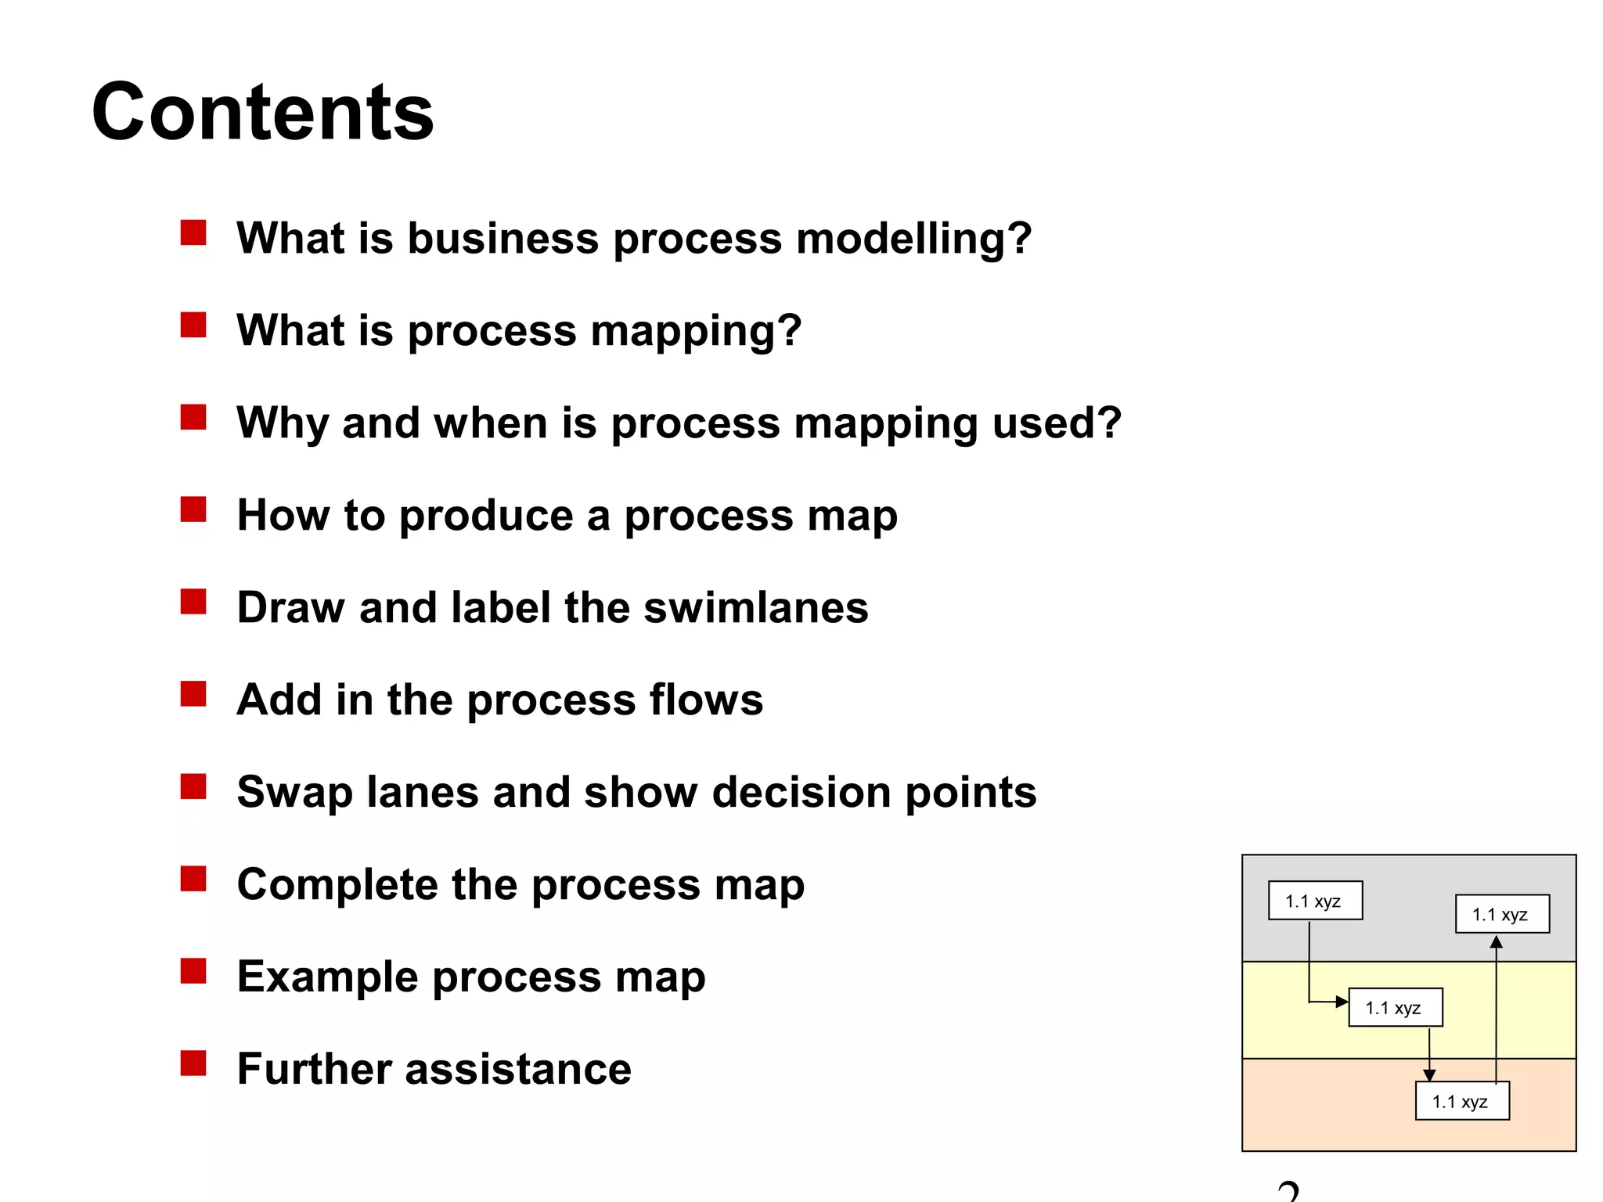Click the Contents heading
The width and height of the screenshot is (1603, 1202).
pos(262,112)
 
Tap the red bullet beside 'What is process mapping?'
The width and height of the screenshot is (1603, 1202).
pos(193,325)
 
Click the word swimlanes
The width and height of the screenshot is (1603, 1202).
pos(755,608)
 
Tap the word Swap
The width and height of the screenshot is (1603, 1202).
pos(294,793)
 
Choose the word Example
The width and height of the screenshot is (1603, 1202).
pos(327,977)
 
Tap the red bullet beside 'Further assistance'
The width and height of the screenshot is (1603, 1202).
pos(193,1063)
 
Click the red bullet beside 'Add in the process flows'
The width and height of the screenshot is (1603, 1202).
pos(193,694)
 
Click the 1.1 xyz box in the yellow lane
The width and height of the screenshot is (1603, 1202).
pos(1395,1008)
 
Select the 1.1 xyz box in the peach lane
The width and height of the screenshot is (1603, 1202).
pos(1461,1102)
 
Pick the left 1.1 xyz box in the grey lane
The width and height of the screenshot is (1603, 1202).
pos(1315,901)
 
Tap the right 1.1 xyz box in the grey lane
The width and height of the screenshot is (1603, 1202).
pos(1501,914)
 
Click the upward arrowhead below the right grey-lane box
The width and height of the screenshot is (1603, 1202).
pos(1496,942)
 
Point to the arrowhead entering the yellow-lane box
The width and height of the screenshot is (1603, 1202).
pos(1342,1002)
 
